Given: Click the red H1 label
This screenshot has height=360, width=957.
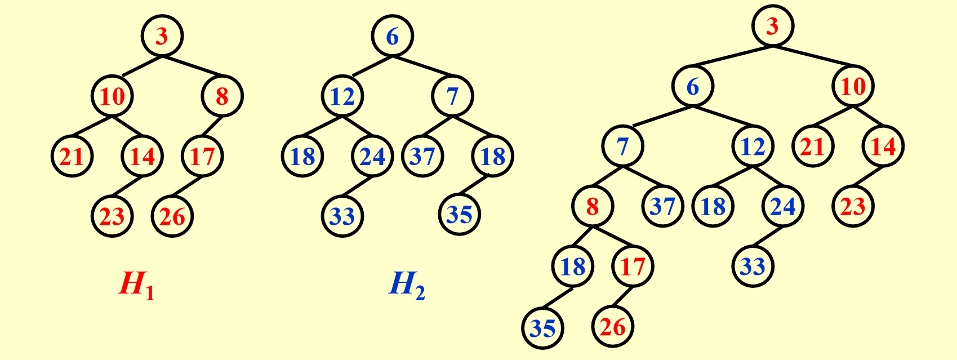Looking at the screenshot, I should pos(136,284).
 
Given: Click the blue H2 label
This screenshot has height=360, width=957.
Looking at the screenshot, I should pos(407,284).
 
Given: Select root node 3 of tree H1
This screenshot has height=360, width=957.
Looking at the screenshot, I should pos(162,36).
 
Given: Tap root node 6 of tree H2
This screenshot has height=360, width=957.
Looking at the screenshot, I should pos(393,36).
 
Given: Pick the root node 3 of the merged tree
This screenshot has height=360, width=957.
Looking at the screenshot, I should pos(773,26).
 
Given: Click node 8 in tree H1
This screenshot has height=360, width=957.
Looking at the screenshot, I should pos(222,96).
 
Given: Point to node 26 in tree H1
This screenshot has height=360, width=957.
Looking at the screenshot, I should pos(172,216).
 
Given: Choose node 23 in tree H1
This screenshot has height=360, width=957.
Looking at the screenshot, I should pos(112,216).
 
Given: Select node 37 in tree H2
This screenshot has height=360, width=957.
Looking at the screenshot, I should pos(423,156).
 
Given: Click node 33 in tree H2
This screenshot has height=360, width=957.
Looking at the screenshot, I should pos(342,216).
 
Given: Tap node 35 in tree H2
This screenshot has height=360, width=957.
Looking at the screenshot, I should pos(460,215).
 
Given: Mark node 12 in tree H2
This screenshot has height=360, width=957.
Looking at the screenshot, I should pos(342,96).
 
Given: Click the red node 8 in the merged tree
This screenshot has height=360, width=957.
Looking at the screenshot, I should pos(593,206).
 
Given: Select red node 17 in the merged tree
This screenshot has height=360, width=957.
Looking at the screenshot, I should pos(633,266).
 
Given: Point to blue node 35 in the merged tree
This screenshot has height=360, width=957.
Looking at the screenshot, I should pos(543,328).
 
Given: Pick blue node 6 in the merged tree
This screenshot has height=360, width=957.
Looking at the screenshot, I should pos(693,86).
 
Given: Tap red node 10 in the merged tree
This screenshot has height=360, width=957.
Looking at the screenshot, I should pos(853,86).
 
